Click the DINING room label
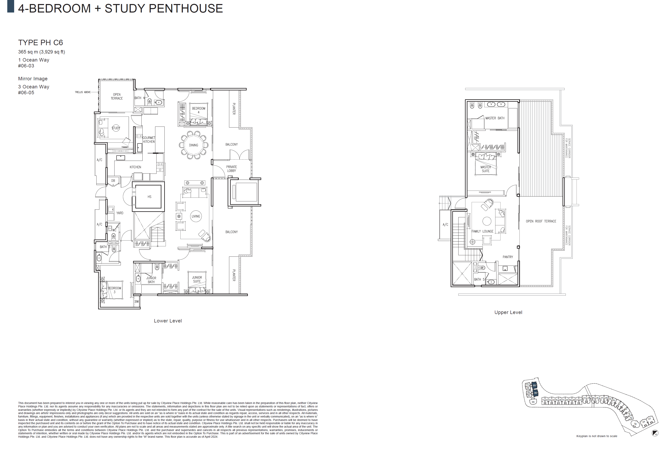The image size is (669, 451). click(x=194, y=145)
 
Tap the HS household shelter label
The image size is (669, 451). click(x=149, y=197)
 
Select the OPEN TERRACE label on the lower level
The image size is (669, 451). click(x=117, y=96)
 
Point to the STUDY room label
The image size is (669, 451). click(x=116, y=128)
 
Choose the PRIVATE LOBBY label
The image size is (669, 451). click(x=231, y=169)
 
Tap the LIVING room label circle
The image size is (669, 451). click(x=196, y=216)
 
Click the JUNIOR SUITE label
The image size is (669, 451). click(x=197, y=279)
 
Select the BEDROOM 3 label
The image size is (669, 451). click(x=114, y=290)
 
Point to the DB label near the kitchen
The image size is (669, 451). click(x=113, y=181)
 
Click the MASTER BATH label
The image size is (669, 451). click(x=495, y=118)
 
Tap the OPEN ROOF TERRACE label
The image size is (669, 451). click(x=541, y=221)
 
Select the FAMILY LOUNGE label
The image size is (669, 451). click(x=483, y=231)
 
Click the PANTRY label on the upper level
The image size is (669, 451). click(x=508, y=257)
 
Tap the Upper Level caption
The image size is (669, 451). click(x=508, y=312)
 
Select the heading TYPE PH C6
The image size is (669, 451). click(x=41, y=43)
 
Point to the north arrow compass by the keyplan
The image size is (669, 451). click(x=655, y=433)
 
